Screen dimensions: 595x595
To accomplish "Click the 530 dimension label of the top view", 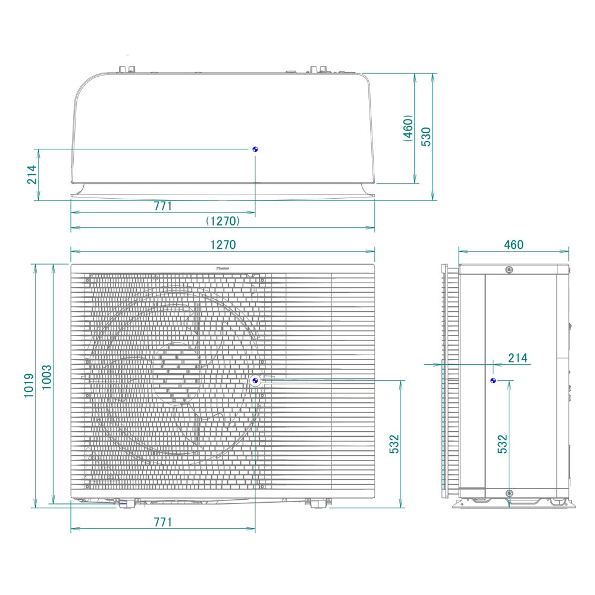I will point(426,136).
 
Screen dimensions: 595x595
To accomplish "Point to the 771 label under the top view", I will point(162,206).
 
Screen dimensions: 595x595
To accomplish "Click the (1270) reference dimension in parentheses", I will point(223,221).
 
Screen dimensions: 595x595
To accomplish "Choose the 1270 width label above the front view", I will point(223,245).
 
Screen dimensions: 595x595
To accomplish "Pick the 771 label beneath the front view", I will point(162,522).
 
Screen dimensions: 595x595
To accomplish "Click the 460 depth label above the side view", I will point(513,245).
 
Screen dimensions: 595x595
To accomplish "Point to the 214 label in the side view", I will point(518,358).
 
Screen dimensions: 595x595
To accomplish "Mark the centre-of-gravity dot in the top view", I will point(255,149).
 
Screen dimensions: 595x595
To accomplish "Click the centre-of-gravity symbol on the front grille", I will point(255,380).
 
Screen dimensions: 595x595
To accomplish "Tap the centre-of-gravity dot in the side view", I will point(493,380).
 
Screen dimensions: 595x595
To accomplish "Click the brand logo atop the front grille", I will point(224,268).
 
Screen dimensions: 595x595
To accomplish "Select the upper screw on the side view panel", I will point(509,270).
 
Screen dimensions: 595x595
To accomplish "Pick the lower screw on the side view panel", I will point(509,493).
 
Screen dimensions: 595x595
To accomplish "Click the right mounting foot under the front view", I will point(316,503).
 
